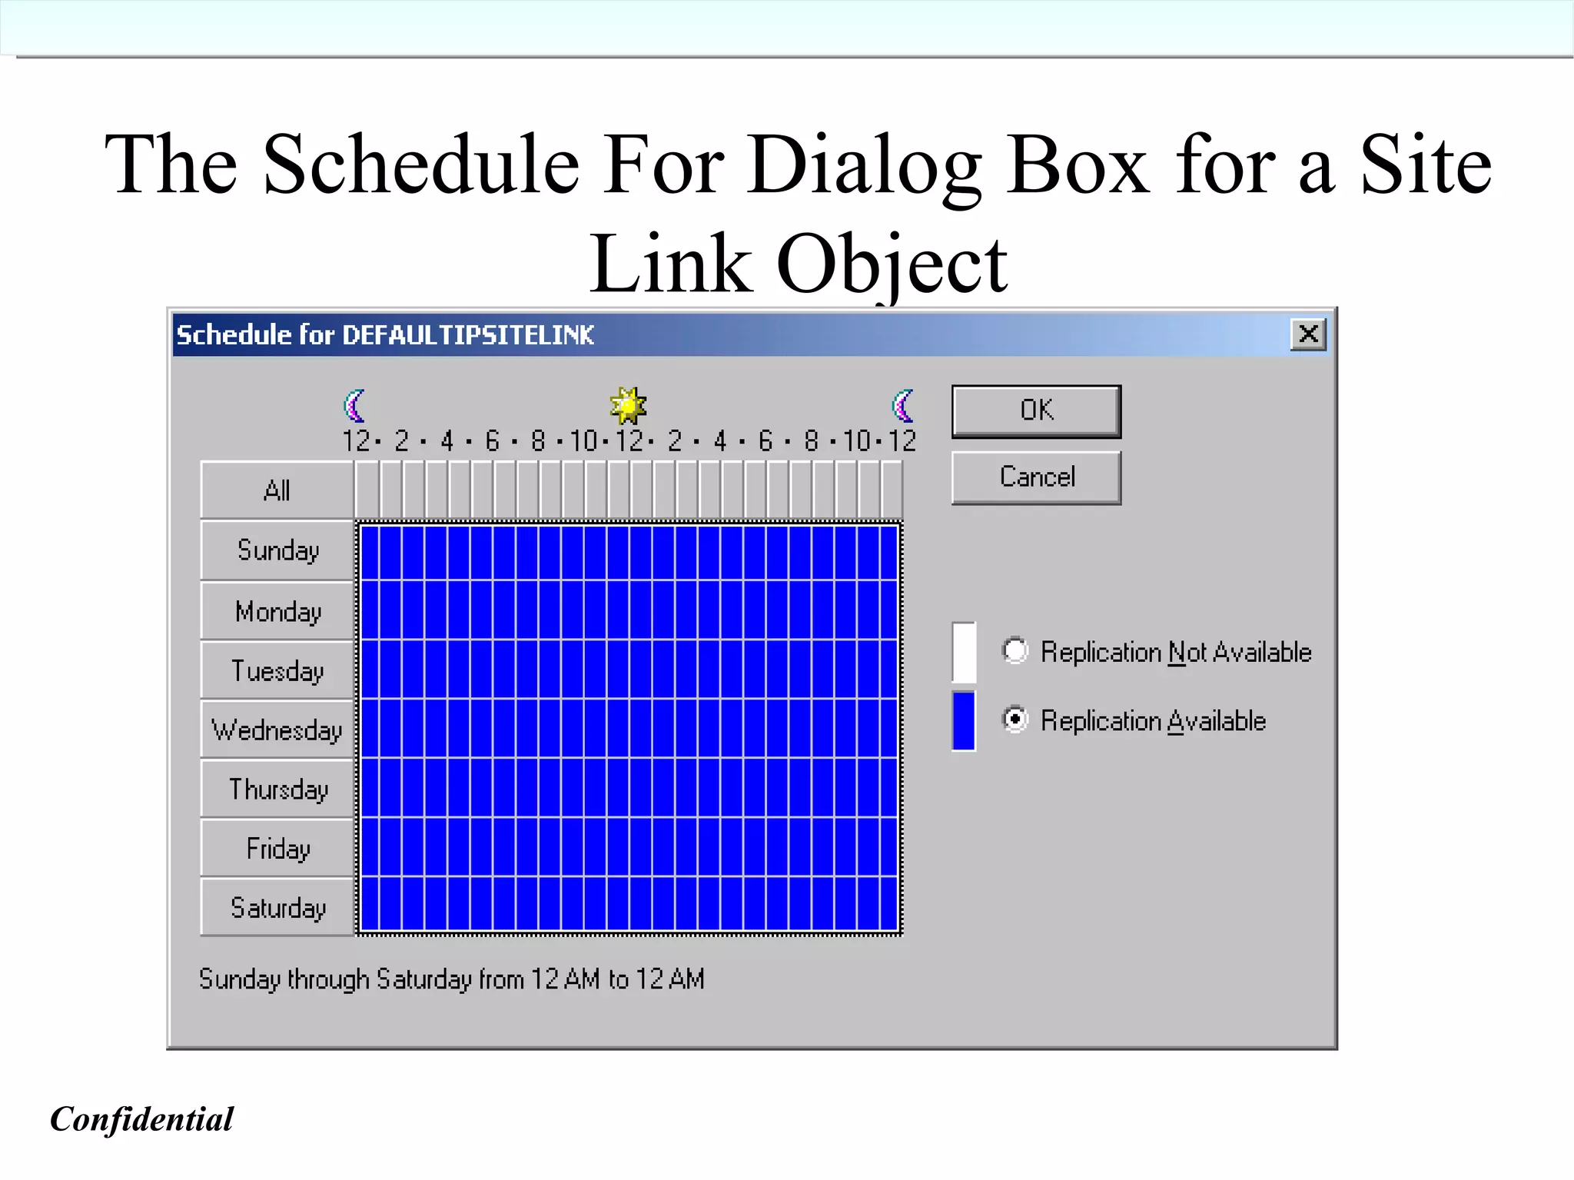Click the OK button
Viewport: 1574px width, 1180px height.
point(1036,411)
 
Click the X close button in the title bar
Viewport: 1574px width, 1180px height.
point(1308,334)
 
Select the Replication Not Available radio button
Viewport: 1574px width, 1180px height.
point(1015,651)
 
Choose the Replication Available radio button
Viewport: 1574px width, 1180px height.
point(1015,720)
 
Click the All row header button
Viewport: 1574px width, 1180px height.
point(277,490)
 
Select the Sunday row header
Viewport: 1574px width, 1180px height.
point(277,550)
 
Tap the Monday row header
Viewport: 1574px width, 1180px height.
point(277,611)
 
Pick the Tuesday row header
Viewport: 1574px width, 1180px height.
point(277,670)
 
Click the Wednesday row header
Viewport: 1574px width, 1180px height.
point(277,730)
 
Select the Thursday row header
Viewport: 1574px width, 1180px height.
point(277,789)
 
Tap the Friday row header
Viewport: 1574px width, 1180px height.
point(277,849)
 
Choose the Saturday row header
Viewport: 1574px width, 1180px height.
point(277,908)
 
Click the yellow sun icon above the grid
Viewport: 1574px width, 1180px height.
point(628,405)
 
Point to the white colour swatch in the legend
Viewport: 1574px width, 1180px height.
point(964,652)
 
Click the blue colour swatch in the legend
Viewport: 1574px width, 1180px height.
point(964,720)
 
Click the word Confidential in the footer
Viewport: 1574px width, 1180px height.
point(141,1119)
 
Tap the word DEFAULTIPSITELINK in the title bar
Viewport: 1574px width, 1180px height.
point(467,335)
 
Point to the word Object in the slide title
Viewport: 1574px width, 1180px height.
point(892,265)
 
